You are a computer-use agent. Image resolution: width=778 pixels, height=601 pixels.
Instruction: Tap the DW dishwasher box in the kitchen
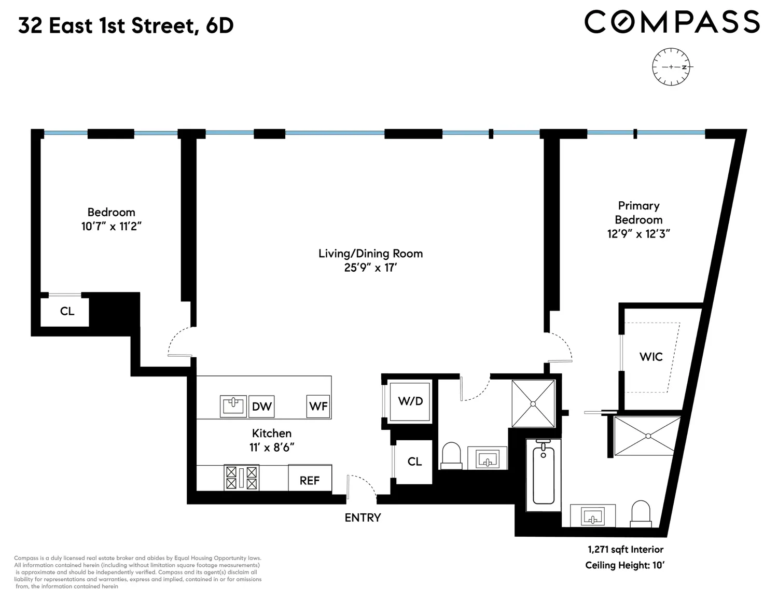pyautogui.click(x=261, y=406)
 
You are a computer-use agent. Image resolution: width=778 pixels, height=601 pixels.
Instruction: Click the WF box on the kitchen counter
pyautogui.click(x=318, y=406)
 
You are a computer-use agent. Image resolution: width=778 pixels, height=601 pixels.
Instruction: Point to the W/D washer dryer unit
pyautogui.click(x=410, y=402)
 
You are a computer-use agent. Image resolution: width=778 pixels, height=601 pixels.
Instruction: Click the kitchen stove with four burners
pyautogui.click(x=241, y=478)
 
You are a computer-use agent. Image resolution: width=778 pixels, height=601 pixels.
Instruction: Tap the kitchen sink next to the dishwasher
pyautogui.click(x=233, y=406)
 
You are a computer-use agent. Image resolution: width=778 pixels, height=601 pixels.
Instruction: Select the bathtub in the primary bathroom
pyautogui.click(x=544, y=474)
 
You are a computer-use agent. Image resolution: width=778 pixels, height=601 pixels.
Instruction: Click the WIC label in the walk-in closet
pyautogui.click(x=651, y=357)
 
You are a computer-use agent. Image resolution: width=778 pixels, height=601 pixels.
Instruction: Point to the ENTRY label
pyautogui.click(x=363, y=518)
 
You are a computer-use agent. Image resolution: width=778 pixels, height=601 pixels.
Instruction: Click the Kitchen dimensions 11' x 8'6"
pyautogui.click(x=272, y=448)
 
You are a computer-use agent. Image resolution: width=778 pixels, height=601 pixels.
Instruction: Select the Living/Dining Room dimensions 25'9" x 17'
pyautogui.click(x=370, y=268)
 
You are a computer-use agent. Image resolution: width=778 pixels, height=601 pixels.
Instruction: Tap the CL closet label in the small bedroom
pyautogui.click(x=67, y=311)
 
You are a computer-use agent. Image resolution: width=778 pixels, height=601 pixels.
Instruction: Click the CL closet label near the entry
pyautogui.click(x=414, y=462)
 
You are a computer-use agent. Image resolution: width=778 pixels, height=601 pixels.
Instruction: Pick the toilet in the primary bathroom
pyautogui.click(x=641, y=514)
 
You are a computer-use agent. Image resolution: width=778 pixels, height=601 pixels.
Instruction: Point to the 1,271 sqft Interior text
pyautogui.click(x=626, y=550)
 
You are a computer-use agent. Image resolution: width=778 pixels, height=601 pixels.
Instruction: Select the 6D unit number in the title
pyautogui.click(x=219, y=25)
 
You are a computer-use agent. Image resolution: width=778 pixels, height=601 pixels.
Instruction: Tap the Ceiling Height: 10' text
pyautogui.click(x=625, y=565)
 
